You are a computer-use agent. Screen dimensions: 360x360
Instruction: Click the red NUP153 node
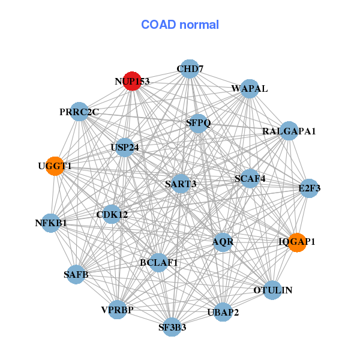(x=132, y=81)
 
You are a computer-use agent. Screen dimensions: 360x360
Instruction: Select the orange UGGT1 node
(x=55, y=166)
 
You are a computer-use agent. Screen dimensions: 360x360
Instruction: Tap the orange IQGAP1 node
(x=297, y=242)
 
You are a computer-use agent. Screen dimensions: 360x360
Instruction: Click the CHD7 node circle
(x=189, y=69)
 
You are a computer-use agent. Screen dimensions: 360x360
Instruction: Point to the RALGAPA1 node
(x=289, y=131)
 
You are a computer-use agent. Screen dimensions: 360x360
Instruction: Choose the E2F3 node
(x=309, y=188)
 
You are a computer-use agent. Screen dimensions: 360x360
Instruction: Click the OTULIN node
(x=272, y=290)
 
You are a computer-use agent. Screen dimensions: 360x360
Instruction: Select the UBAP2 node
(x=223, y=312)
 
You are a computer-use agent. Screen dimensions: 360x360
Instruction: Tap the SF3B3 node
(x=172, y=327)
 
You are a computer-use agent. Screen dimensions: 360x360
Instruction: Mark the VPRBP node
(x=118, y=310)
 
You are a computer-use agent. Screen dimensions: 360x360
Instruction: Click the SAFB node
(x=76, y=275)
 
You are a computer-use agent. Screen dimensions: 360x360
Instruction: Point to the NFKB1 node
(x=51, y=223)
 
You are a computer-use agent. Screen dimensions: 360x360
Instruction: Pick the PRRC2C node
(x=79, y=112)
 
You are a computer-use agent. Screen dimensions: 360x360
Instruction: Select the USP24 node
(x=124, y=147)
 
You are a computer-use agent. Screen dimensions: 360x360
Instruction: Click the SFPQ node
(x=199, y=123)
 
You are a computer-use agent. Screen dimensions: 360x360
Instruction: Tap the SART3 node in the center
(x=181, y=184)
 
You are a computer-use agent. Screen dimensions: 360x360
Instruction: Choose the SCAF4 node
(x=250, y=178)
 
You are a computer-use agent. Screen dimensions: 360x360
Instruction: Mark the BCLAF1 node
(x=158, y=262)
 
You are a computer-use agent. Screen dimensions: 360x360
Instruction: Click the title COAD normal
(x=180, y=25)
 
